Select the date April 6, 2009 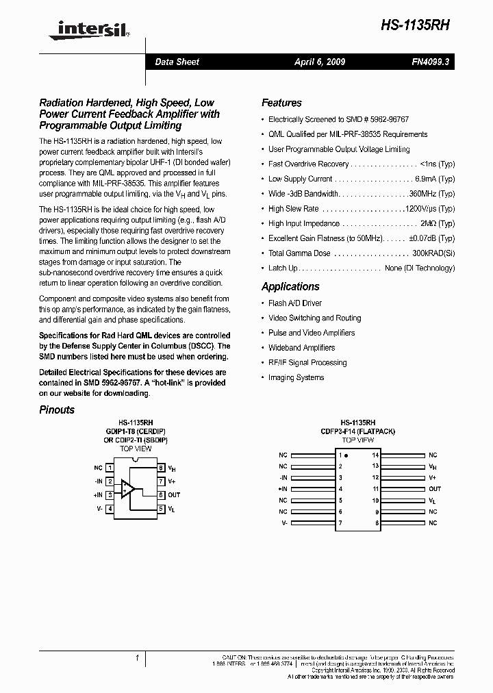[320, 62]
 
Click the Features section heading [281, 103]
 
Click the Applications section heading [290, 287]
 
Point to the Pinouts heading [57, 409]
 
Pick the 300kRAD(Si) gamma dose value [433, 253]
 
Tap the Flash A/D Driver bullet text [295, 303]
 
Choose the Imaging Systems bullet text [296, 377]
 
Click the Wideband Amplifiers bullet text [301, 348]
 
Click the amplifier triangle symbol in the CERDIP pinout [128, 488]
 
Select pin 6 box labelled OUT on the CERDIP [161, 494]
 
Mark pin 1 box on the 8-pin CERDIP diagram [110, 468]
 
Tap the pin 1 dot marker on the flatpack [346, 455]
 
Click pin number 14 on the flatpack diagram [375, 455]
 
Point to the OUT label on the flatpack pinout [435, 489]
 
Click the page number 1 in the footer [137, 658]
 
